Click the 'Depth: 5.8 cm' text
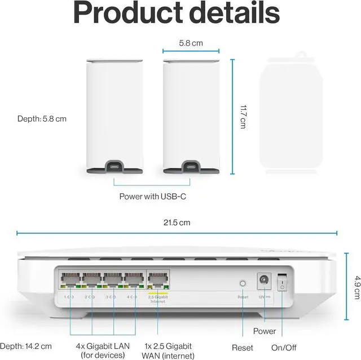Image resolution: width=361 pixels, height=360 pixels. coord(42,119)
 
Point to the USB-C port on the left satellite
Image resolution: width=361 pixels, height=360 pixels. coord(114,167)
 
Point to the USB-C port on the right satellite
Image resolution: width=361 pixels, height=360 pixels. coord(191,167)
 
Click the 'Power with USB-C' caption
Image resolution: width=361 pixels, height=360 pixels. coord(152,197)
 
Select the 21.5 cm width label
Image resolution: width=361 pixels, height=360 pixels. coord(177,223)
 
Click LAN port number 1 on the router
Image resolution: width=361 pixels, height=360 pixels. coord(70,279)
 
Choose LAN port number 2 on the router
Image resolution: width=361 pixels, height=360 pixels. coord(91,279)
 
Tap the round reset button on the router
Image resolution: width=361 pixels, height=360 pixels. coord(243,284)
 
